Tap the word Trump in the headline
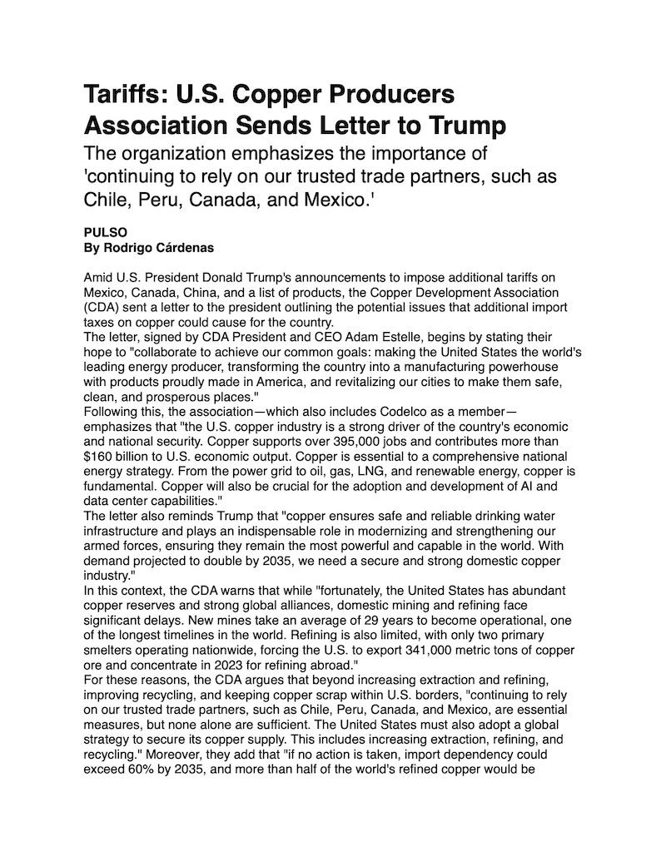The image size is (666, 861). coord(462,126)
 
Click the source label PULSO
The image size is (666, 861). coord(102,233)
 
